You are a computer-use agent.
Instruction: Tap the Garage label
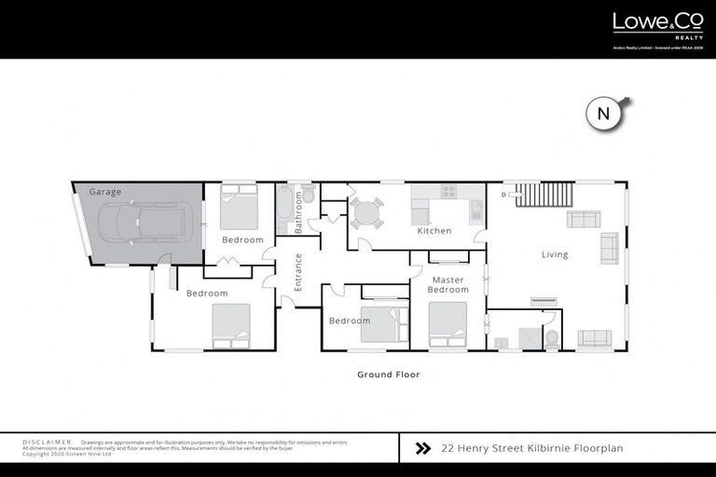[x=105, y=192]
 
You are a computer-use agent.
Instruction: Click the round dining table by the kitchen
[x=366, y=213]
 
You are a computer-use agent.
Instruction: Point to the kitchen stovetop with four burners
[x=448, y=192]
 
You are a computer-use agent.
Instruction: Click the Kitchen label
[x=434, y=231]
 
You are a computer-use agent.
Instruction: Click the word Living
[x=555, y=254]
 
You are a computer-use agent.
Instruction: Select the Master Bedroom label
[x=447, y=284]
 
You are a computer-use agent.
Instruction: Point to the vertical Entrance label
[x=298, y=273]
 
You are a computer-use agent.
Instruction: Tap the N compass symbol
[x=604, y=114]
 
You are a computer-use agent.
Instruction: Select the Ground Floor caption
[x=389, y=375]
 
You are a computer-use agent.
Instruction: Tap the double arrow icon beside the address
[x=422, y=448]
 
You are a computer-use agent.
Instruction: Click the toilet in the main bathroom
[x=309, y=195]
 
